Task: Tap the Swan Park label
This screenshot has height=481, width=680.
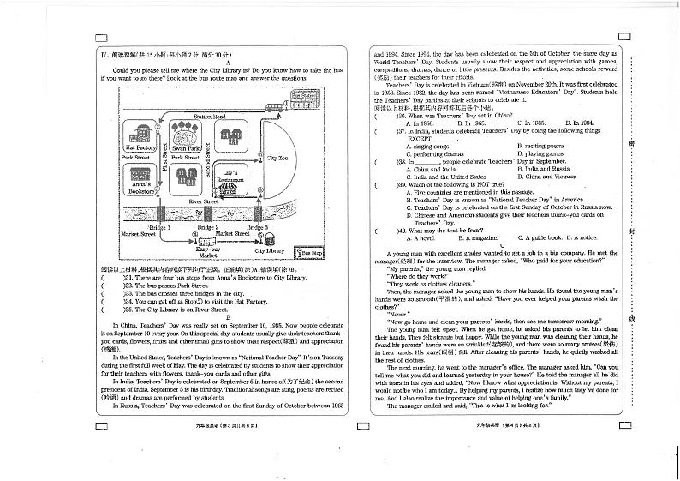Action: [x=185, y=147]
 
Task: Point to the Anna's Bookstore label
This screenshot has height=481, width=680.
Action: [x=136, y=189]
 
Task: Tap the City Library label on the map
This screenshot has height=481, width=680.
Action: [x=269, y=250]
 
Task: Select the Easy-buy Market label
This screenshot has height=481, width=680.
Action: [x=208, y=252]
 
